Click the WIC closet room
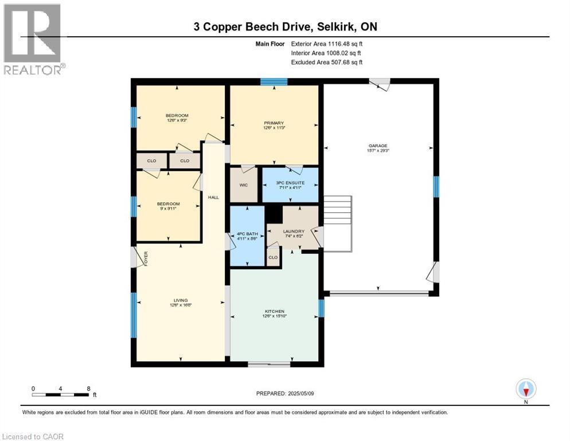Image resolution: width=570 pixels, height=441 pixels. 244,185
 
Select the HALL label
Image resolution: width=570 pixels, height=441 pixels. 213,198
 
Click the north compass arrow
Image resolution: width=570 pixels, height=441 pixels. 526,389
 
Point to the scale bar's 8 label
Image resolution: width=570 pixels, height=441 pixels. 88,389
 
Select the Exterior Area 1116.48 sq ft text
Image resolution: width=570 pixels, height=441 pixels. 327,43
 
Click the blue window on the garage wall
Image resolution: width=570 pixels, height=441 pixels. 436,186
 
